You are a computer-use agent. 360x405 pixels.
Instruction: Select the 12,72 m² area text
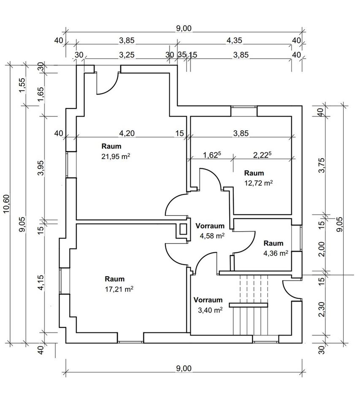pos(258,183)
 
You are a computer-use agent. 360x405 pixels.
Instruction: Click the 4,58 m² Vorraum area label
pos(212,236)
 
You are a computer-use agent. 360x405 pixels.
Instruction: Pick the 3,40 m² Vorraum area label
pos(210,310)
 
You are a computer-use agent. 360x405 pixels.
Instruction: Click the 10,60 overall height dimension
pos(6,203)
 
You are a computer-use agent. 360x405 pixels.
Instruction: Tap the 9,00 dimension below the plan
pos(184,368)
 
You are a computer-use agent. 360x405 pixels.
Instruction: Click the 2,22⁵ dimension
pos(262,155)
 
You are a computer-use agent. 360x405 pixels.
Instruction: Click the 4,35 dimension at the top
pos(235,40)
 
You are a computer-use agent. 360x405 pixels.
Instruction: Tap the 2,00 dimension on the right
pos(322,248)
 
